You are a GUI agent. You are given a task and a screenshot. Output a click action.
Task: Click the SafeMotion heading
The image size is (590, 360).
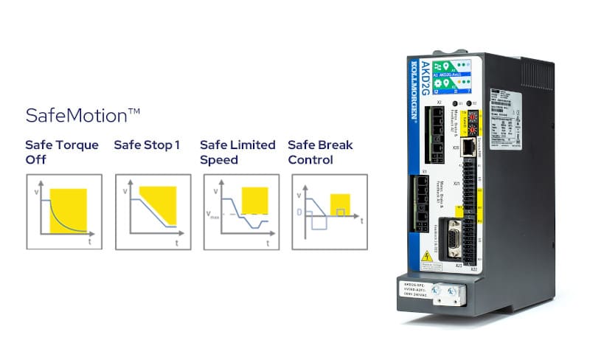click(x=83, y=116)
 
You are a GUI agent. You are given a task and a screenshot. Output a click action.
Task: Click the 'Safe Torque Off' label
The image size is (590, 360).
click(x=62, y=152)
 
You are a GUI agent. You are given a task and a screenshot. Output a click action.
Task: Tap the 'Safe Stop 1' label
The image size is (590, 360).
click(x=147, y=145)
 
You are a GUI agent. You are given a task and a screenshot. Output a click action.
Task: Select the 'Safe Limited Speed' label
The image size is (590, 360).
click(x=237, y=152)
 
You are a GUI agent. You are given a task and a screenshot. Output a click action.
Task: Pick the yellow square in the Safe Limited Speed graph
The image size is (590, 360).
click(x=254, y=200)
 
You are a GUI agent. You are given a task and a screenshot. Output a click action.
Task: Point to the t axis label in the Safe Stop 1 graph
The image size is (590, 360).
click(x=176, y=242)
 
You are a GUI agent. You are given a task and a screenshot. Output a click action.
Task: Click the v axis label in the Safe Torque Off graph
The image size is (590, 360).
click(x=35, y=193)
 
